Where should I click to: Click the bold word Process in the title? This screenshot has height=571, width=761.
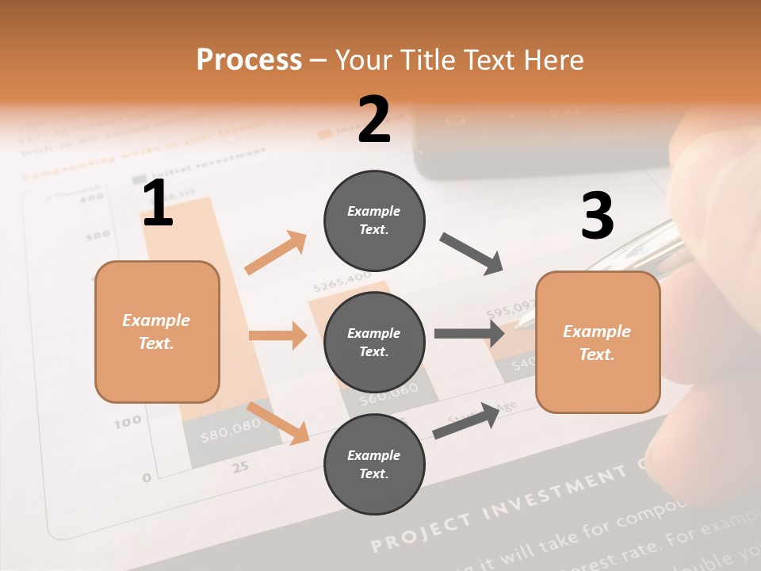tap(249, 59)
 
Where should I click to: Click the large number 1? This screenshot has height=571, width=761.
tap(158, 203)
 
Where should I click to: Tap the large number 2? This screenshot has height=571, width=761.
tap(374, 120)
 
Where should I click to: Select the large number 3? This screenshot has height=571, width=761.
tap(597, 216)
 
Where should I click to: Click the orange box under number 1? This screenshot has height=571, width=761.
tap(157, 331)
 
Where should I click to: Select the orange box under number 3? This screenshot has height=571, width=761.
tap(598, 343)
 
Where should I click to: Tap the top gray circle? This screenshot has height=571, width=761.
tap(374, 220)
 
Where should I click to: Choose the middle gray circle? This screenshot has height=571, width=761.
tap(374, 342)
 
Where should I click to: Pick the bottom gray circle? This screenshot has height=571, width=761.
tap(374, 464)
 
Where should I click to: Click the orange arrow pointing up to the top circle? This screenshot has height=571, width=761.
tap(276, 253)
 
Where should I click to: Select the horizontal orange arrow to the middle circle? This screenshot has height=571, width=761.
tap(277, 335)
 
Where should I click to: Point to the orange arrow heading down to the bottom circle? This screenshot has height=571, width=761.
tap(278, 422)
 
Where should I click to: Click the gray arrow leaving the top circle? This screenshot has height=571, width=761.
tap(472, 254)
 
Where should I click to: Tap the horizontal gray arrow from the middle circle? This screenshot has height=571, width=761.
tap(468, 333)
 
